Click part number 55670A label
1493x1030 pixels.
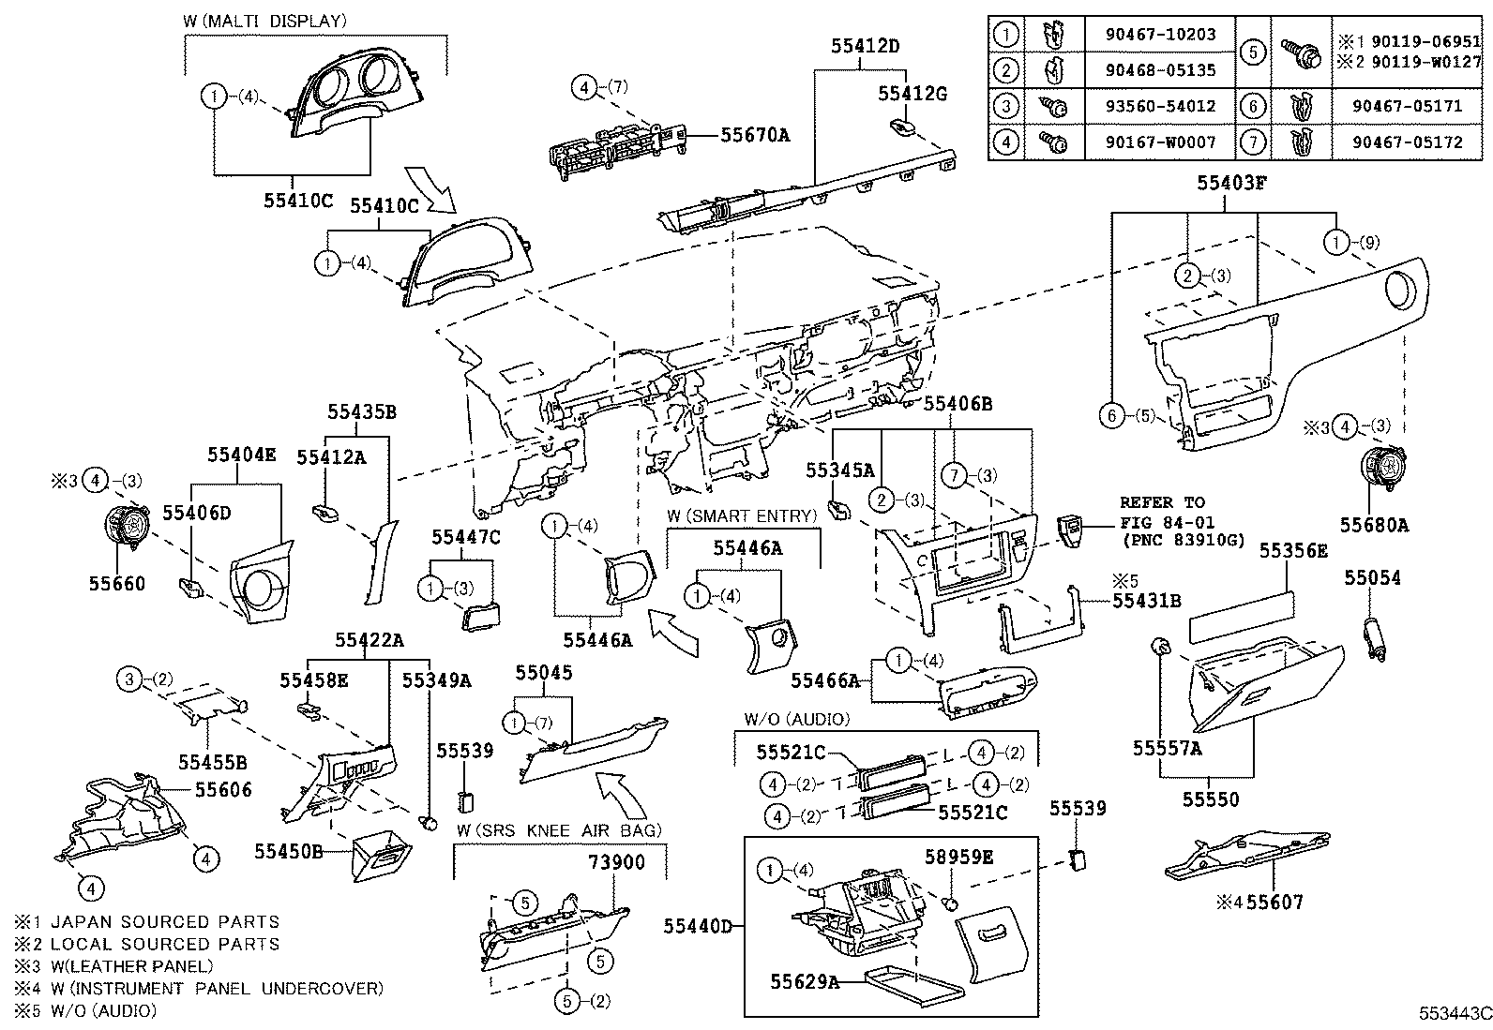755,135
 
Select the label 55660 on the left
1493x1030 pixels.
117,584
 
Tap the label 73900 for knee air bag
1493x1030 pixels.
616,861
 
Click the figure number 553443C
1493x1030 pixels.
1454,1013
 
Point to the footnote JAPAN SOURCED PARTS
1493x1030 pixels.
164,922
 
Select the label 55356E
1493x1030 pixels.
1293,551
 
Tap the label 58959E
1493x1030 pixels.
958,856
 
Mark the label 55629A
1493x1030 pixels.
805,981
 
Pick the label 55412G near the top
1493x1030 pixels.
912,93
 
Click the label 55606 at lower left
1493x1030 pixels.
223,790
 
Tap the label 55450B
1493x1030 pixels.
289,850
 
